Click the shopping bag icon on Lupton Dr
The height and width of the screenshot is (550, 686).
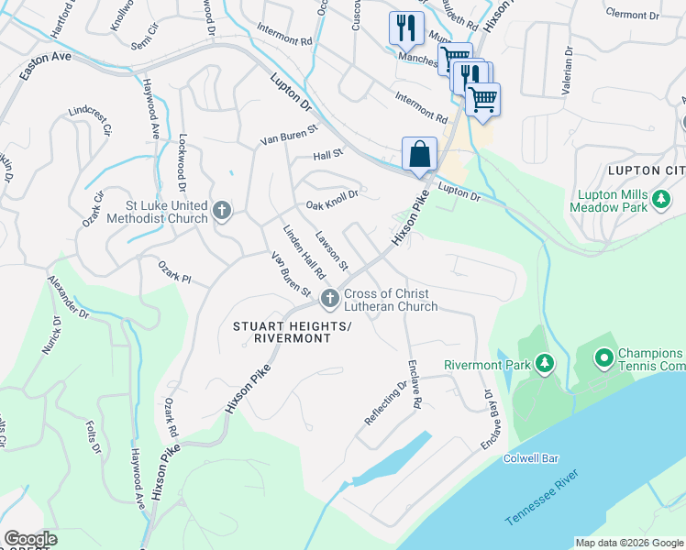point(419,154)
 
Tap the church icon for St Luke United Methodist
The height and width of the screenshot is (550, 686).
point(221,213)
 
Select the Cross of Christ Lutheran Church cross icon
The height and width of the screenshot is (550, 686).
point(329,299)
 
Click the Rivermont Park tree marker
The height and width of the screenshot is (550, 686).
point(545,364)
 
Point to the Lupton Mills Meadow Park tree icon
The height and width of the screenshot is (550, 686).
point(660,198)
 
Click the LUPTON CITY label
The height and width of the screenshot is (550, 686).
point(646,171)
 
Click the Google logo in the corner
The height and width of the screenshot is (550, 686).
point(29,539)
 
